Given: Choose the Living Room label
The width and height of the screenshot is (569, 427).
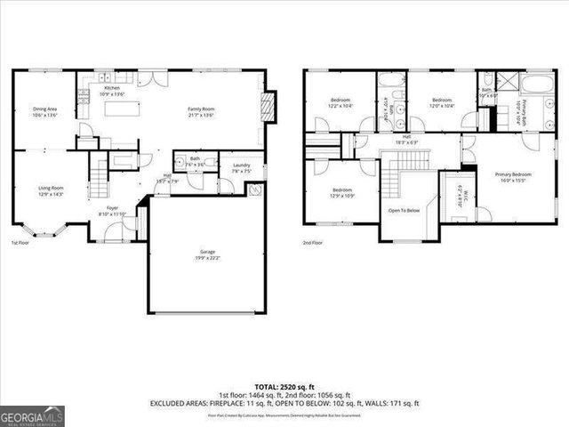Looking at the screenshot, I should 50,190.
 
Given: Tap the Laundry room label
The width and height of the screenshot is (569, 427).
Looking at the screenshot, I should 241,168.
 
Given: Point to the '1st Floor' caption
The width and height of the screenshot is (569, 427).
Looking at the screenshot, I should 20,243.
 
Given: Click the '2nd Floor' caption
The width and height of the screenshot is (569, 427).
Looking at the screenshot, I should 312,243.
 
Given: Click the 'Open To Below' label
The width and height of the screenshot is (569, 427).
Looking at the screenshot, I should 404,211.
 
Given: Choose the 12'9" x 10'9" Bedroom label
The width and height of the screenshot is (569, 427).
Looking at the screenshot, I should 342,192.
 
